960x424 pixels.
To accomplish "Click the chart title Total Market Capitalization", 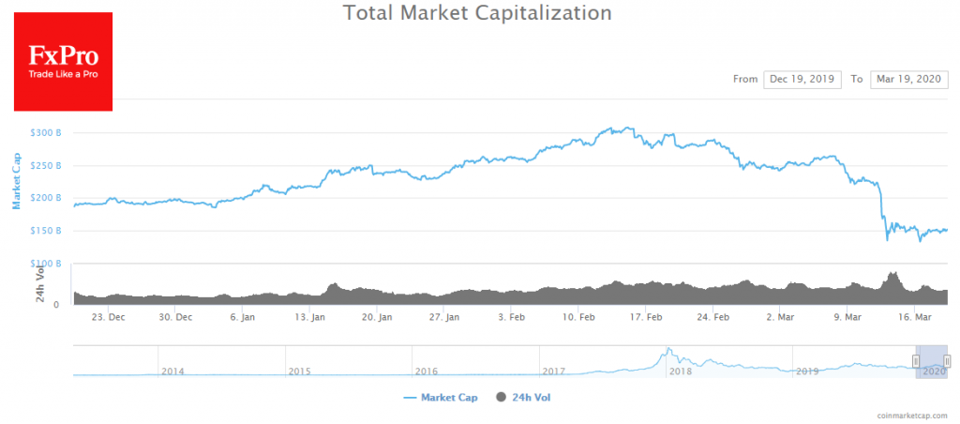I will coord(477,14).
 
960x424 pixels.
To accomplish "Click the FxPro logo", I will coord(64,62).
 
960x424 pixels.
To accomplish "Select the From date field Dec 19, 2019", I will coord(802,80).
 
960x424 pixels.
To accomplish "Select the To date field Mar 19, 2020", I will coord(908,80).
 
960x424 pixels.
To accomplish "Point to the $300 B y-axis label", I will coord(46,133).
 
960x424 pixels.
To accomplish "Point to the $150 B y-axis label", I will coord(46,231).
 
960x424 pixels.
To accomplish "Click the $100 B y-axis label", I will coord(46,264).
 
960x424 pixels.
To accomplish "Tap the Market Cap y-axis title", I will coord(16,180).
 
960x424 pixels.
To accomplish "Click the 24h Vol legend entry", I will coord(525,398).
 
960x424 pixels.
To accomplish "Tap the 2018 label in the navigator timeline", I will coord(681,371).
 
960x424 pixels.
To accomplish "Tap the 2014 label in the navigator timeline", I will coord(172,371).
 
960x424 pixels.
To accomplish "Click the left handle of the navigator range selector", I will coord(916,361).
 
